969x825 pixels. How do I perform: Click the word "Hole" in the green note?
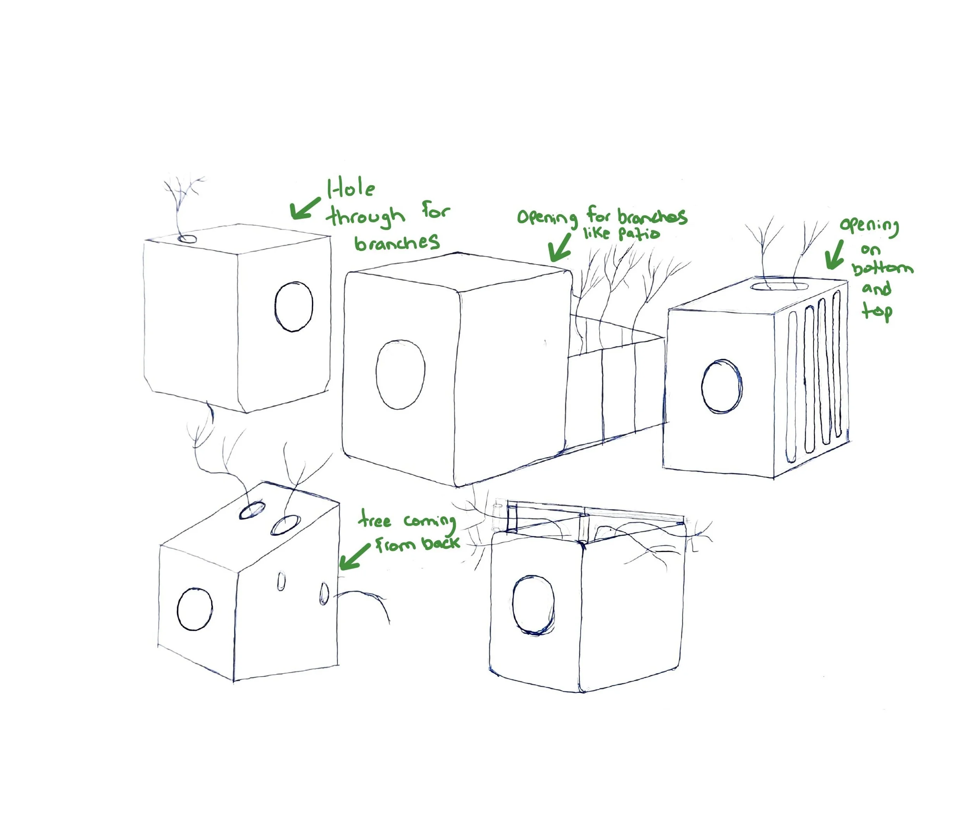pos(351,189)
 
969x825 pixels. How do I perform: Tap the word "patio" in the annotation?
pos(639,233)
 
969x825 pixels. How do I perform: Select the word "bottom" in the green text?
pos(881,269)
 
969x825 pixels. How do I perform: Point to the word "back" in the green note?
pos(441,543)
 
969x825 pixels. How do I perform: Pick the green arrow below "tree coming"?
pos(354,556)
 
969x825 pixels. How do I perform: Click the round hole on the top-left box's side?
pos(294,307)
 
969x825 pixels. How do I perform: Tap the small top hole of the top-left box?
pos(188,239)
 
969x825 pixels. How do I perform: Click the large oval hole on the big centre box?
pos(400,375)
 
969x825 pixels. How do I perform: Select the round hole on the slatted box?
pos(722,386)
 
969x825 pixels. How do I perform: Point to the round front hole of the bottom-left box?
pos(195,609)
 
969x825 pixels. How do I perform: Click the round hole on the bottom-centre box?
pos(533,605)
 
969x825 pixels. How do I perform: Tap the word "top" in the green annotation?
pos(877,311)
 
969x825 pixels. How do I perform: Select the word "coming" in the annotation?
pos(430,522)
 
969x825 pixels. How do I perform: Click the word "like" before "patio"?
pos(596,232)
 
